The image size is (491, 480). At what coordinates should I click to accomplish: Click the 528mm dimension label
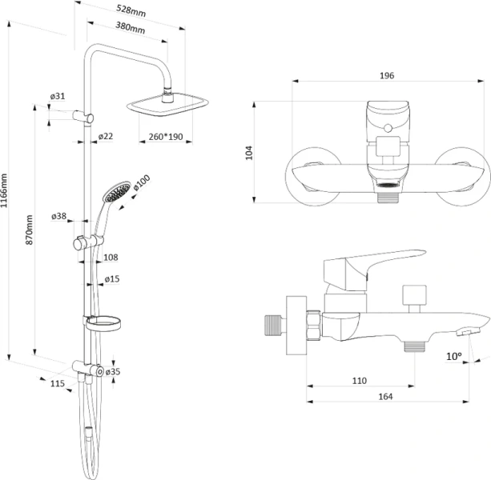pos(131,10)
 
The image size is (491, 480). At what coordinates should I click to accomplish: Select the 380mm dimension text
pos(131,27)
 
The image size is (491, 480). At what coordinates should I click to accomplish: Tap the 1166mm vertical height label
pos(4,190)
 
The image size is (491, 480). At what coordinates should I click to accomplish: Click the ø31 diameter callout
pos(58,96)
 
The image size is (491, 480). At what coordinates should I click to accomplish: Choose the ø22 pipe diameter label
pos(106,136)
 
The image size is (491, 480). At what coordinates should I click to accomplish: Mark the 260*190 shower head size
pos(166,137)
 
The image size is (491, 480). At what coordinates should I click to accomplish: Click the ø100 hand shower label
pos(142,182)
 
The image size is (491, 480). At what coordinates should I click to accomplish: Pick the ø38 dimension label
pos(58,216)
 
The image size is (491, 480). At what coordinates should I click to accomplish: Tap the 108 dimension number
pos(111,258)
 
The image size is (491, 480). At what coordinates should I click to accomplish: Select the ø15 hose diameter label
pos(112,278)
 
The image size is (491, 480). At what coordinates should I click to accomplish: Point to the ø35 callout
pos(113,371)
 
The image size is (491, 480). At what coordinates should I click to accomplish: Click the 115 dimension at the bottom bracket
pos(58,383)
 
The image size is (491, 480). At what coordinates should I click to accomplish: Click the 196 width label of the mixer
pos(387,76)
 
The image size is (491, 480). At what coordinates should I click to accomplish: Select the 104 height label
pos(249,153)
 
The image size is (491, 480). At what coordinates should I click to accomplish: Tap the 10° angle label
pos(454,356)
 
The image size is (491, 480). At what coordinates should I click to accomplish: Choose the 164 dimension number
pos(385,397)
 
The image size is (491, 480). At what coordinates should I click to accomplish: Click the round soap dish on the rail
pos(103,323)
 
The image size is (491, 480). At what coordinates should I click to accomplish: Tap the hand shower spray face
pos(118,191)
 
